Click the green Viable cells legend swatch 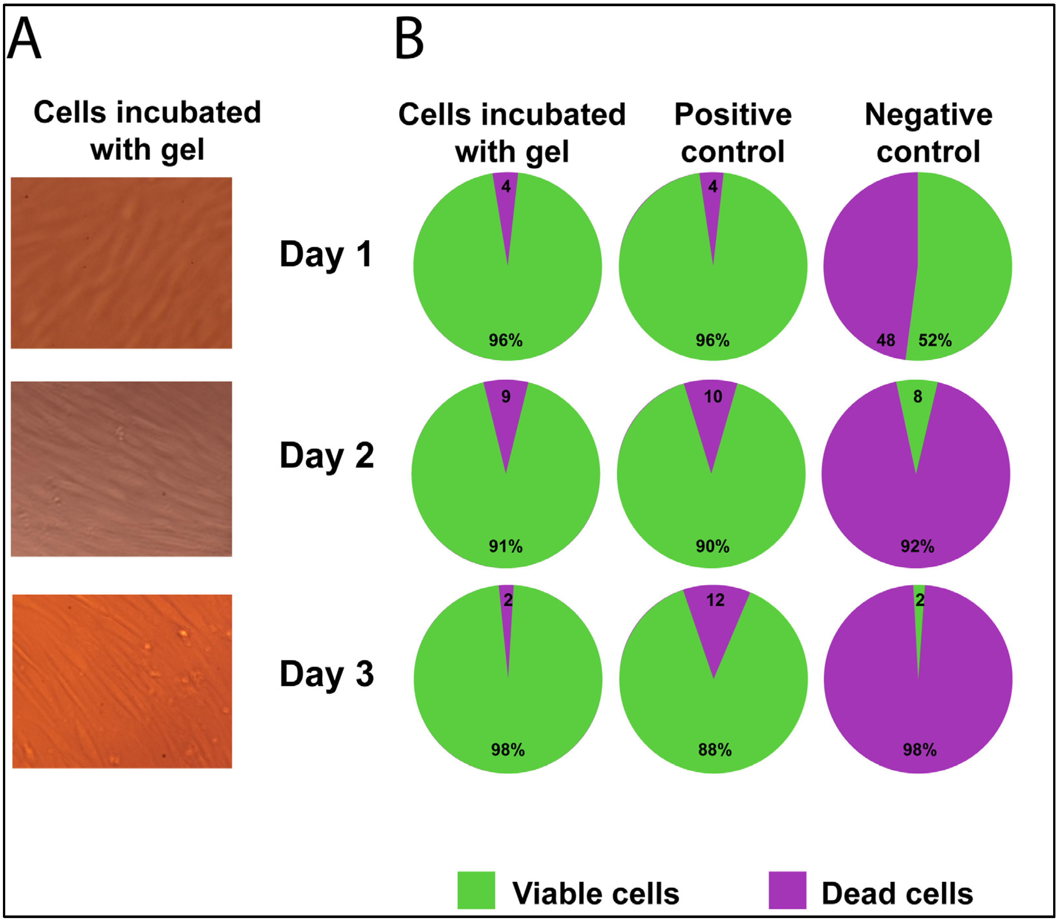(476, 891)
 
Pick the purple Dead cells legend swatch (787, 891)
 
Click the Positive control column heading (733, 133)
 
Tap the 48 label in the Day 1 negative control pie (886, 340)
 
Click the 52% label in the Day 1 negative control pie (935, 340)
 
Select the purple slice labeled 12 (715, 611)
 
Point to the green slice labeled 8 (917, 406)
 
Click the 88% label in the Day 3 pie (715, 750)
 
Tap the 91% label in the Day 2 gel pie (506, 546)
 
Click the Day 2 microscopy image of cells (121, 469)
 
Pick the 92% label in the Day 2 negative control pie (917, 546)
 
